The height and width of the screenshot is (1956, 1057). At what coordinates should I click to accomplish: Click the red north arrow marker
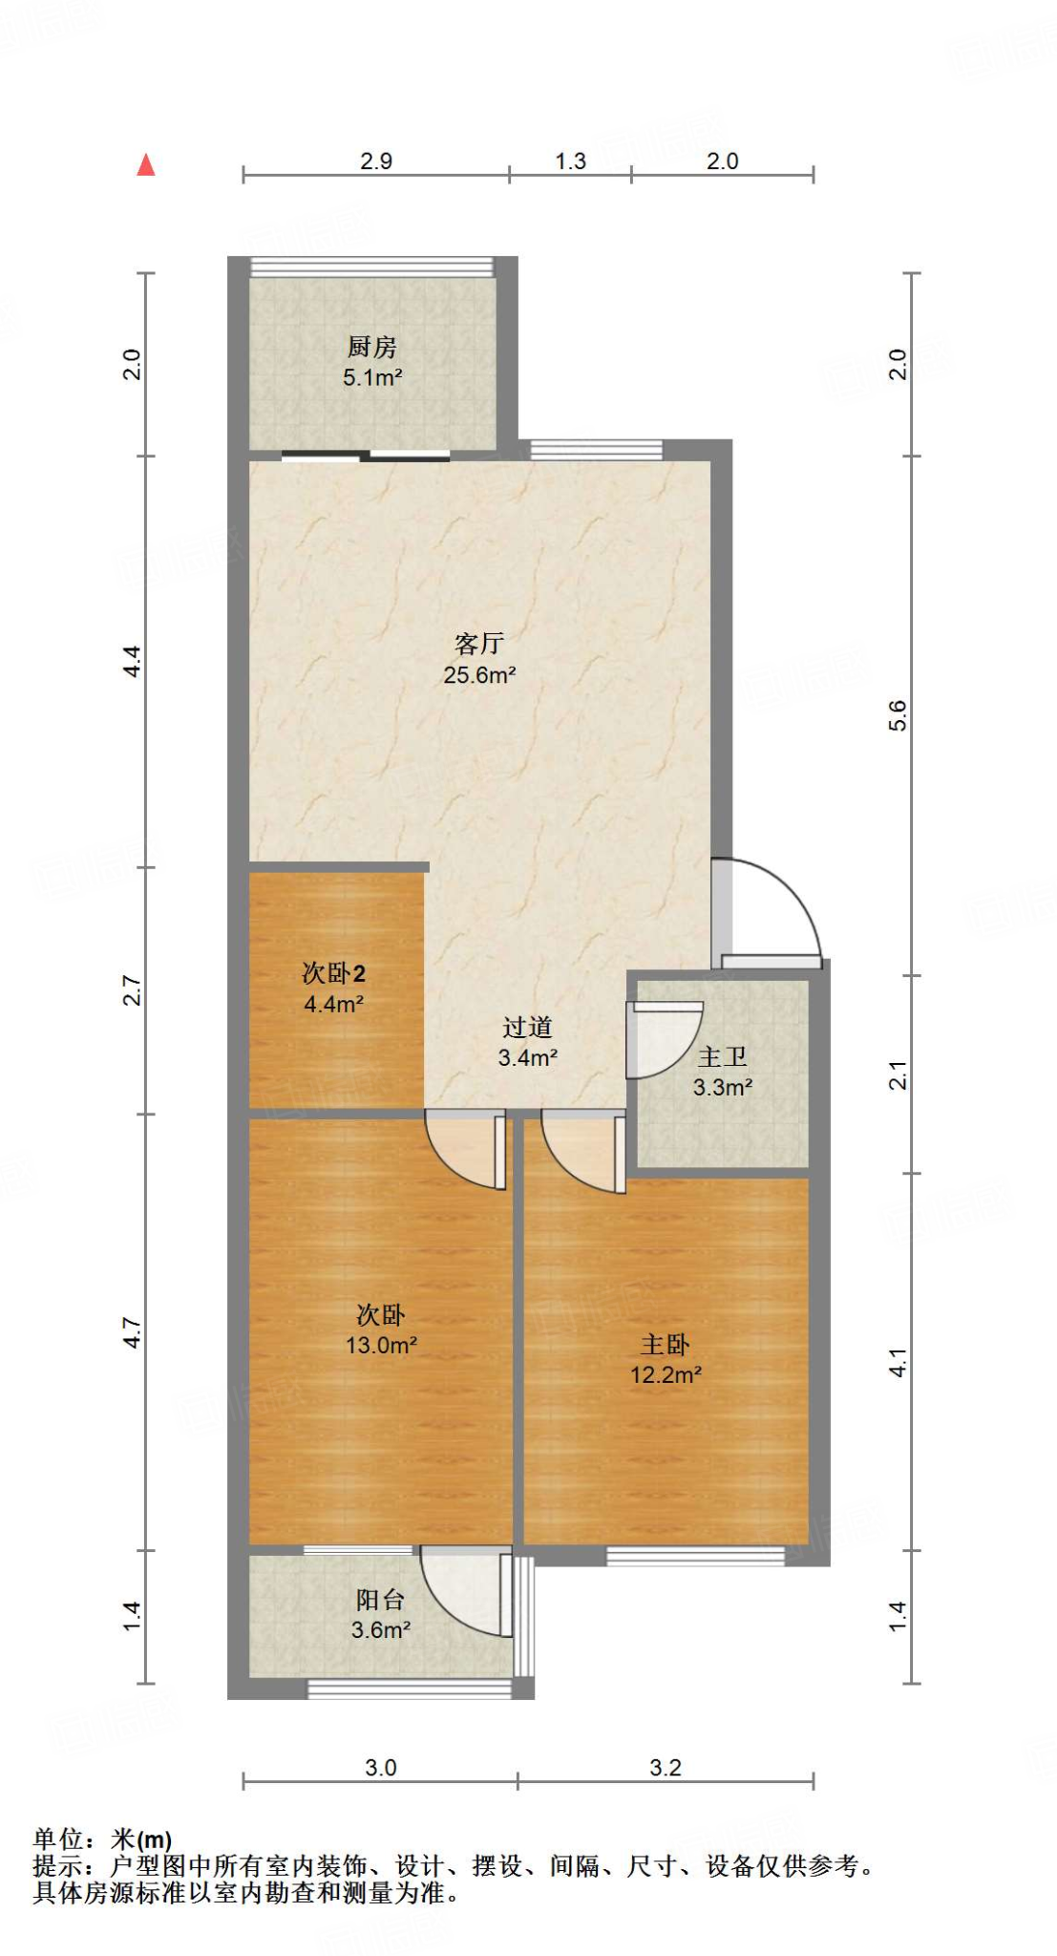point(146,165)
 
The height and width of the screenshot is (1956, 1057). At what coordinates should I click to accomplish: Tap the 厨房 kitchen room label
point(371,347)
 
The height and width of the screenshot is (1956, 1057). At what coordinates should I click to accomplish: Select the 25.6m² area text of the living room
point(479,675)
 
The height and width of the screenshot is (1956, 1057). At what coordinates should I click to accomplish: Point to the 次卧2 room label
point(333,973)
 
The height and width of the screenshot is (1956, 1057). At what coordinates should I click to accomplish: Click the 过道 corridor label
point(527,1028)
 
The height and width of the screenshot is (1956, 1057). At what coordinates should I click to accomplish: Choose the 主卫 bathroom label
point(722,1057)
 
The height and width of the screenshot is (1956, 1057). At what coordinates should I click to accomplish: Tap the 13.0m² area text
point(381,1346)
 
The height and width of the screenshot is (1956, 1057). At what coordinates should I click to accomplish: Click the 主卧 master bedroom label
point(665,1345)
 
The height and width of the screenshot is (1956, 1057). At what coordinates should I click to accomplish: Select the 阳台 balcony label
point(380,1600)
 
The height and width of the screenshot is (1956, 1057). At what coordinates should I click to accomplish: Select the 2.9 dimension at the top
point(376,160)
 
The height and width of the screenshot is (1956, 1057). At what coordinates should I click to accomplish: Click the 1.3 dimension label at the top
point(570,160)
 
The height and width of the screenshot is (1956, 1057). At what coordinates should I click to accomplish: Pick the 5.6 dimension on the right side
point(898,715)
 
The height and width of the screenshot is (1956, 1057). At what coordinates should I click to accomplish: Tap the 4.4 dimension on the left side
point(133,661)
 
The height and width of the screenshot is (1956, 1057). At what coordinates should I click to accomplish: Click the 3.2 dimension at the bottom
point(666,1768)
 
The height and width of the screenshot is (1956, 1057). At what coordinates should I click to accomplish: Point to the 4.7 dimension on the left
point(133,1333)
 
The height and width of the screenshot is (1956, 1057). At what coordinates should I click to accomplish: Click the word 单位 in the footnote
point(59,1839)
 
